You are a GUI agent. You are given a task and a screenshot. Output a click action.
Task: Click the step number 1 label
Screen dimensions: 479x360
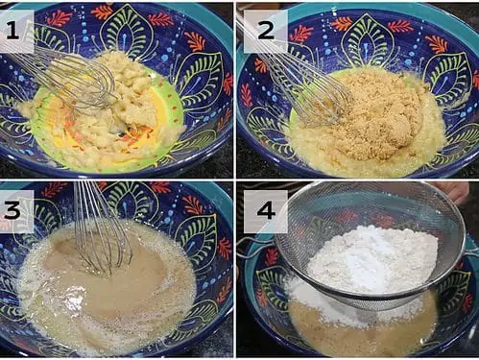click(12, 31)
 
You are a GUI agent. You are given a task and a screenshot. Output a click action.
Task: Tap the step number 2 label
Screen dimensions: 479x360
click(266, 31)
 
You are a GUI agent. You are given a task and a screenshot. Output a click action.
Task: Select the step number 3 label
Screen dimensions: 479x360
click(12, 211)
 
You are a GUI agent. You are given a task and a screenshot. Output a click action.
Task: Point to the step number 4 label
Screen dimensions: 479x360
click(266, 211)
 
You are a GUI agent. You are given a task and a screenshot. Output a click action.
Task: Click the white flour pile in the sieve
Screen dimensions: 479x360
click(372, 259)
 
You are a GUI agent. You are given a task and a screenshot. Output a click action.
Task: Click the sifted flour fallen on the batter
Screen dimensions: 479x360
click(323, 305)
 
